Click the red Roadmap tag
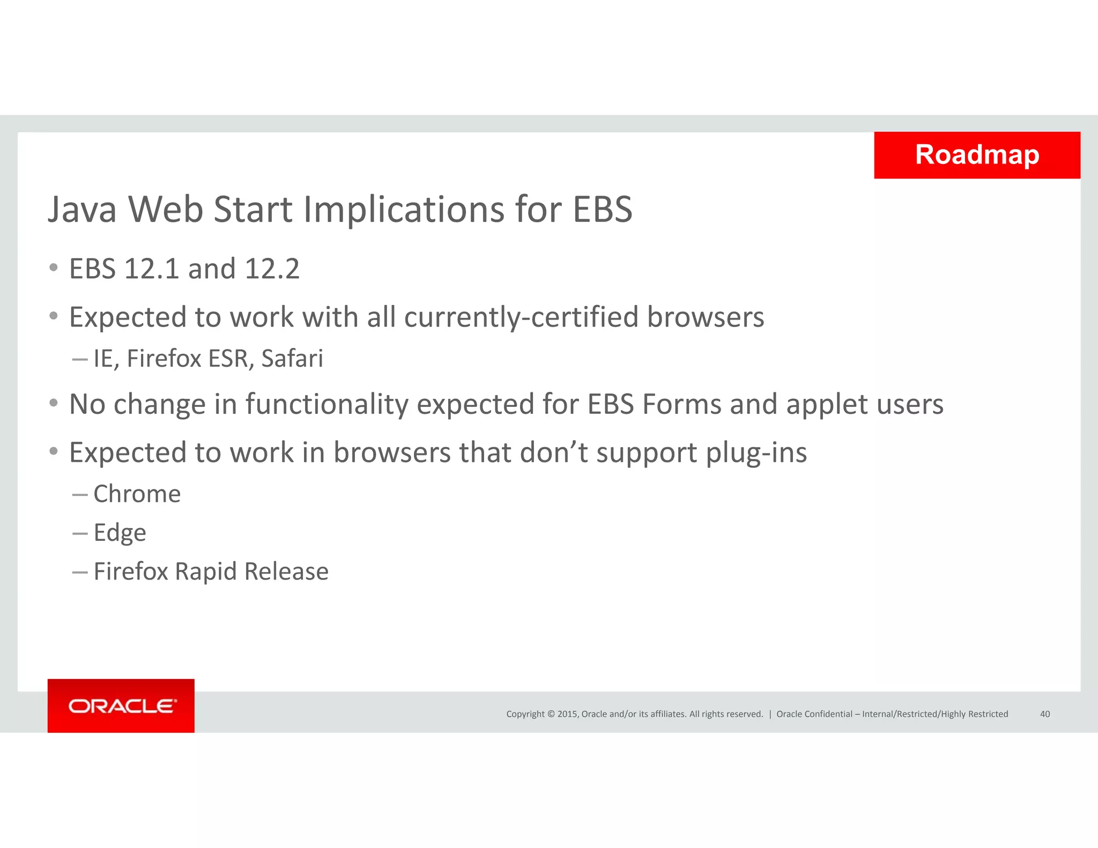tap(977, 155)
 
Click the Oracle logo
tap(122, 706)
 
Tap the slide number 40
tap(1044, 714)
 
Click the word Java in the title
tap(82, 209)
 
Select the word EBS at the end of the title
tap(603, 209)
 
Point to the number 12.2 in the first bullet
tap(272, 269)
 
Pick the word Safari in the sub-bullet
tap(292, 359)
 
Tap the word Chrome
tap(137, 494)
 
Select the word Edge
tap(120, 533)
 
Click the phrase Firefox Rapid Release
tap(211, 571)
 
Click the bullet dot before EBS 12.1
tap(53, 267)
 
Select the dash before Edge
tap(80, 534)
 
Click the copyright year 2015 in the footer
tap(567, 714)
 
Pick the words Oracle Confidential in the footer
tap(814, 714)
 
